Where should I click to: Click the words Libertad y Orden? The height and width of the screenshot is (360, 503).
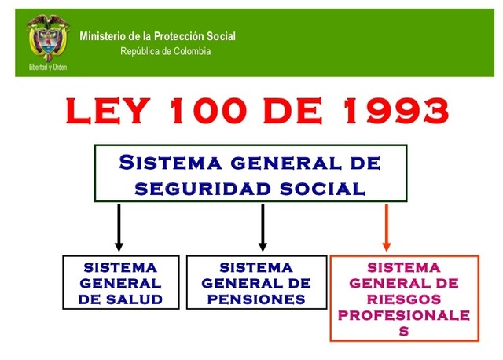[46, 68]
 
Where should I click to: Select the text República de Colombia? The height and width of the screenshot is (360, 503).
[165, 52]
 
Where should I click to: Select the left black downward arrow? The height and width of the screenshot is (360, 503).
[119, 227]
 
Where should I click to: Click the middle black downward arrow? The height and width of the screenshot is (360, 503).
[263, 227]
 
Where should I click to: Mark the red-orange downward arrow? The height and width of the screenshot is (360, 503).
[387, 227]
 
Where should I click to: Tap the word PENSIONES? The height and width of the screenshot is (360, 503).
[256, 299]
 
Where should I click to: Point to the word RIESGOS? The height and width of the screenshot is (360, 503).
[404, 299]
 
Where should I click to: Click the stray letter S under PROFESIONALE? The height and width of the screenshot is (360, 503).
[404, 331]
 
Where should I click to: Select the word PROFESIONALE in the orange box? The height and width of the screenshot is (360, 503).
[404, 315]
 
